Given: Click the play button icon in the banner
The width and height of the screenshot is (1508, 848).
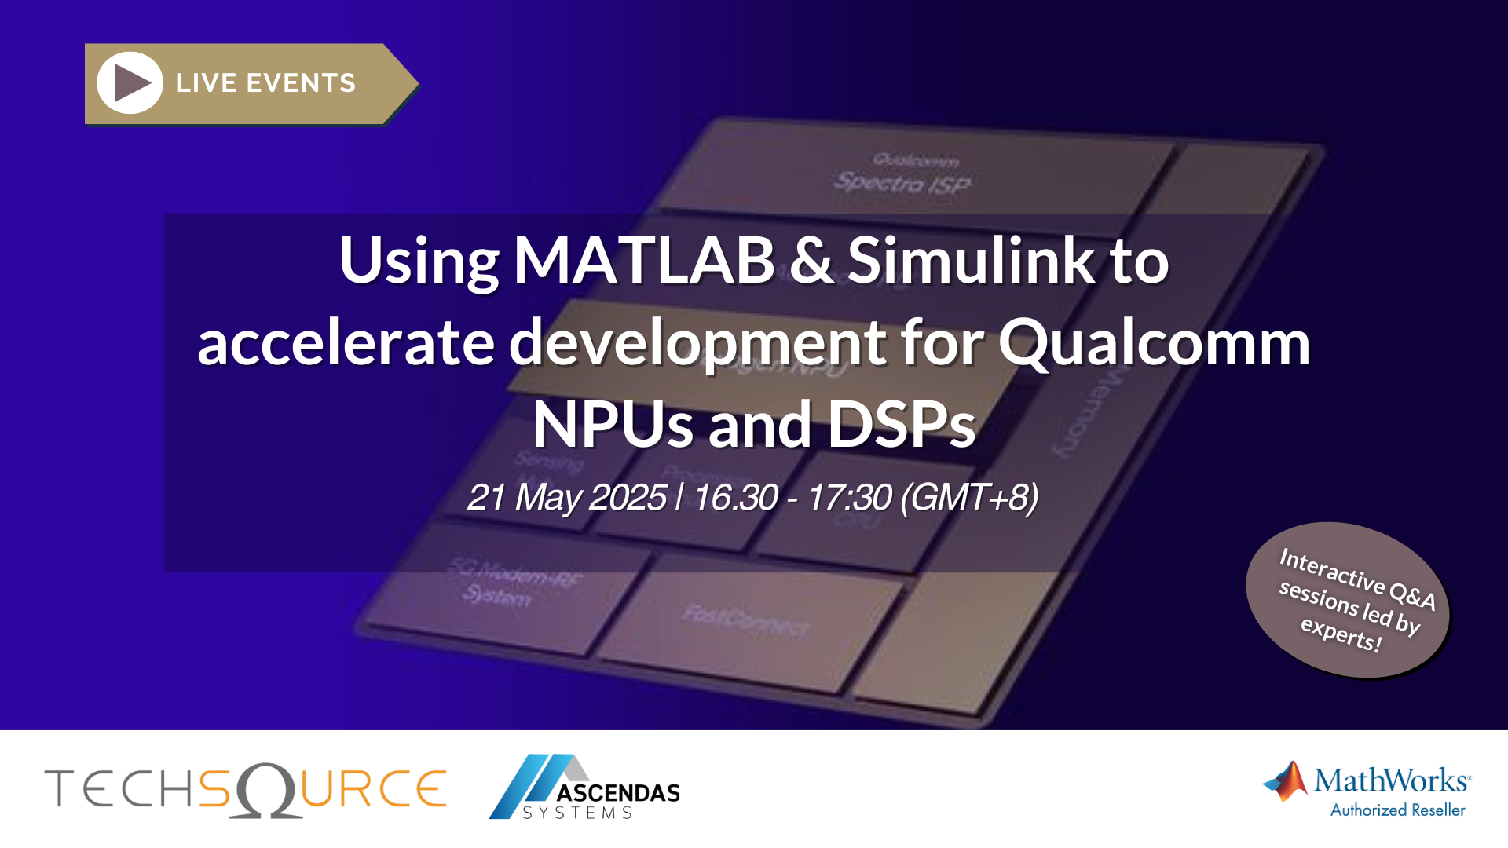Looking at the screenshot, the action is click(130, 82).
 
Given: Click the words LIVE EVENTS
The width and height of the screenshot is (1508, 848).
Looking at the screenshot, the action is click(265, 83).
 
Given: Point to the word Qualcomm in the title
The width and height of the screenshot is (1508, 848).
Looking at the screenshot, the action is click(1154, 343).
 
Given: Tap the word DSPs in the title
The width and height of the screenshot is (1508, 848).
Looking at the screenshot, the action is click(901, 425).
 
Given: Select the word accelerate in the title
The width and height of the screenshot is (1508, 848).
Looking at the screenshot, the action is click(346, 343).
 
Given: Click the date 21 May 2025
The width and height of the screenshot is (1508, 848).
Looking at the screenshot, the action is click(566, 497).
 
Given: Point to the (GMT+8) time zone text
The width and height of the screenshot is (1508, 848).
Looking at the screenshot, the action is click(968, 497).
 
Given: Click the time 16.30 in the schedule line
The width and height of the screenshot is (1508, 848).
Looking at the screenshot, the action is click(736, 497).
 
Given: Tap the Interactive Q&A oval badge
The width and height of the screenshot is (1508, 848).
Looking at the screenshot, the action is click(1347, 599).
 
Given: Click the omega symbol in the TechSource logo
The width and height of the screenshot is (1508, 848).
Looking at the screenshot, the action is click(268, 790).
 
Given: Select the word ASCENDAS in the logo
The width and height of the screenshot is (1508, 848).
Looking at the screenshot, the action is click(618, 793).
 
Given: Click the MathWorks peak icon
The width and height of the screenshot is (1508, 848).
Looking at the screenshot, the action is click(1286, 781).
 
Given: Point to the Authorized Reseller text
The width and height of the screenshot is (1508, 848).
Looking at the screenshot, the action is click(1397, 810).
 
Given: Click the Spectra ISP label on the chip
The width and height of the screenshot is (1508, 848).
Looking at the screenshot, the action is click(902, 182).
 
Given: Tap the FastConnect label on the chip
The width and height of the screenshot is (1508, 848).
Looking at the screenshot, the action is click(745, 620).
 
